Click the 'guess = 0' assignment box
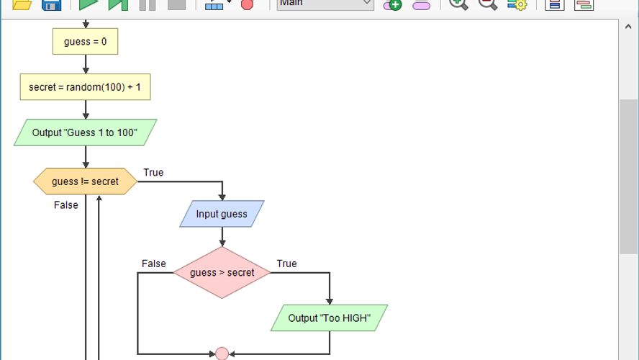(x=85, y=42)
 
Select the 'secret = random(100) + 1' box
(x=85, y=87)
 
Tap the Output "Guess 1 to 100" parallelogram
(x=85, y=133)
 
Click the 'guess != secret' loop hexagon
(x=85, y=181)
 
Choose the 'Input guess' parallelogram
(x=222, y=214)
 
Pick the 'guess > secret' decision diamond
(x=222, y=273)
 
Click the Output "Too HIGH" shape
(x=330, y=318)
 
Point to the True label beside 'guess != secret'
(x=153, y=172)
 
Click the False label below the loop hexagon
(x=66, y=205)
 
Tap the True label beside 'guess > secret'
(x=286, y=264)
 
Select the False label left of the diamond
(x=153, y=264)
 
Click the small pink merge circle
(x=222, y=354)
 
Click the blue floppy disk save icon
(x=51, y=4)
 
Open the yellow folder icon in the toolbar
(x=22, y=4)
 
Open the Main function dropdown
(x=325, y=4)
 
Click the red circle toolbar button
(x=247, y=4)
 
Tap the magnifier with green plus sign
(x=458, y=4)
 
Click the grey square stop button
(x=176, y=4)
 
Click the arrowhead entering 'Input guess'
(x=222, y=198)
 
